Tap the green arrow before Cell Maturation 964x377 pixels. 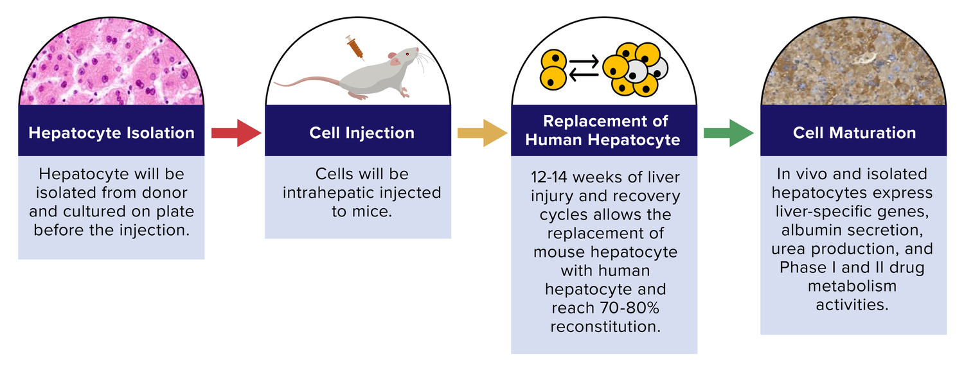click(x=729, y=133)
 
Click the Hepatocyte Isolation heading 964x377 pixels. click(x=111, y=133)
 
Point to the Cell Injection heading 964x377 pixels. click(x=362, y=133)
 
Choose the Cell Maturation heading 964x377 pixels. click(x=854, y=133)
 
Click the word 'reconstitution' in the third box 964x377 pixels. click(x=604, y=326)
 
